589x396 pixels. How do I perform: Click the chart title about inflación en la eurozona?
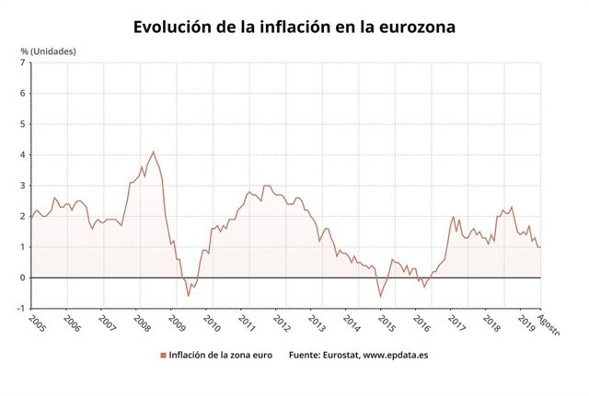coord(294,27)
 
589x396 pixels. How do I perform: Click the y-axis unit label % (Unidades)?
coord(51,51)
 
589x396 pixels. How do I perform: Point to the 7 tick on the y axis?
coord(21,62)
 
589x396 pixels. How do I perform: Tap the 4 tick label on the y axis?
coord(21,154)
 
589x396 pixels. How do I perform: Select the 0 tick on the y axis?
coord(21,277)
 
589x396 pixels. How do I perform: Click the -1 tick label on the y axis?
coord(19,308)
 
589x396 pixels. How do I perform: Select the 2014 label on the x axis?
coord(351,323)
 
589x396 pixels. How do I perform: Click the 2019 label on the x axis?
coord(527,323)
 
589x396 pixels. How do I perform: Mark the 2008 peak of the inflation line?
coord(153,152)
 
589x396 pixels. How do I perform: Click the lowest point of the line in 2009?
coord(189,296)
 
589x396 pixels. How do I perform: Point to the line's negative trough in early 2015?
coord(380,296)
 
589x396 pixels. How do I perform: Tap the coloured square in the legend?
coord(163,354)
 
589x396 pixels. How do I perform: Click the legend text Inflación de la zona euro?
coord(220,354)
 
